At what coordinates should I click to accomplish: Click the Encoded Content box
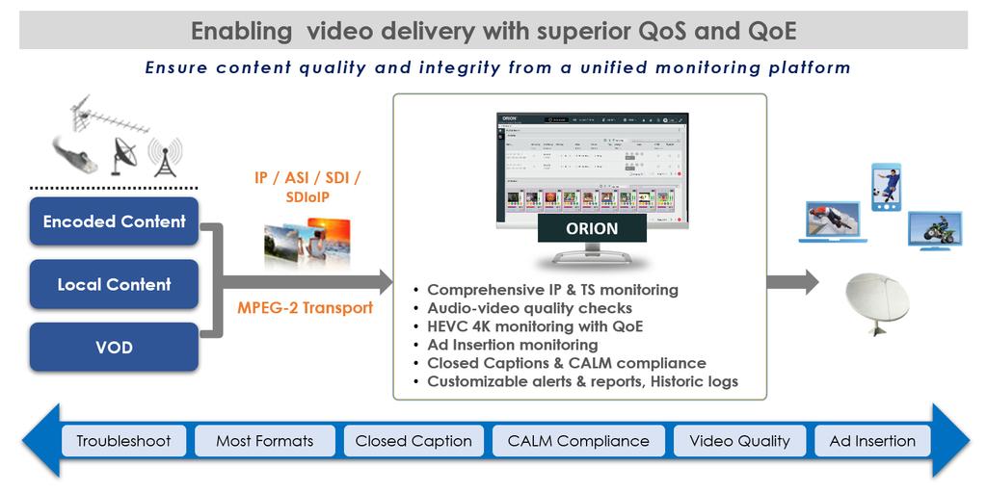click(114, 221)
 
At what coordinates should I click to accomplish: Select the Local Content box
click(114, 284)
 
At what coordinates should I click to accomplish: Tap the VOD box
click(114, 347)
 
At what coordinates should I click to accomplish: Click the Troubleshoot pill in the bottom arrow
click(123, 441)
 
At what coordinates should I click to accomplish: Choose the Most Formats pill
click(264, 441)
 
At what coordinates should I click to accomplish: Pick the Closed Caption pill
click(413, 441)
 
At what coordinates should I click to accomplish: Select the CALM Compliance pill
click(578, 441)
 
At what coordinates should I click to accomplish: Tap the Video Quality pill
click(739, 441)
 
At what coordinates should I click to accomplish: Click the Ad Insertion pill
click(872, 441)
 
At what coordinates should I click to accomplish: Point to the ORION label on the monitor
click(592, 229)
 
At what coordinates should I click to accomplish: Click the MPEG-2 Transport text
click(305, 309)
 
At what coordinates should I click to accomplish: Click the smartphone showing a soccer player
click(886, 188)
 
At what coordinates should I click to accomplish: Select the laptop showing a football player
click(832, 222)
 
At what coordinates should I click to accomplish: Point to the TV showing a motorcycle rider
click(934, 230)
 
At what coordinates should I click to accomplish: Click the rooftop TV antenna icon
click(111, 117)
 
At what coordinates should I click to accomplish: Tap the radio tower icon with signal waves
click(165, 157)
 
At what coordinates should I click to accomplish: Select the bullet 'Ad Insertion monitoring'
click(512, 345)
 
